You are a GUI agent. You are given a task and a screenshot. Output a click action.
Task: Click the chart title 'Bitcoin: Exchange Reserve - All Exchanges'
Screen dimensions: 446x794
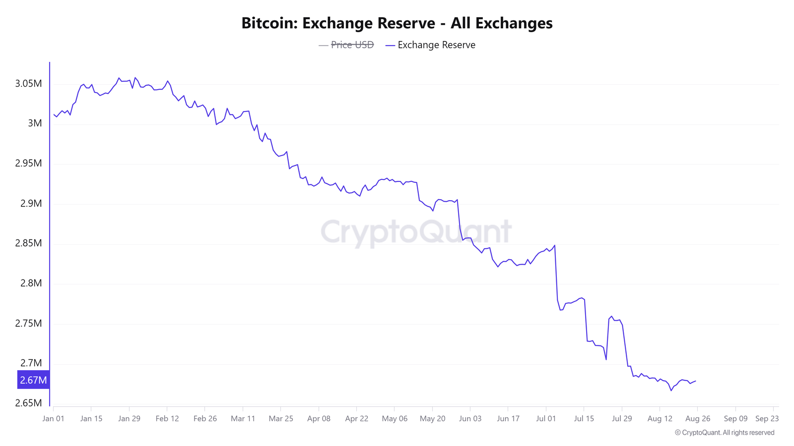pyautogui.click(x=397, y=23)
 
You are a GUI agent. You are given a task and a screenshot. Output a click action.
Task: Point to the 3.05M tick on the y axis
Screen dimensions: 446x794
pyautogui.click(x=28, y=83)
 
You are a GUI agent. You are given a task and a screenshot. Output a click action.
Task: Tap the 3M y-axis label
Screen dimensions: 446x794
pyautogui.click(x=35, y=123)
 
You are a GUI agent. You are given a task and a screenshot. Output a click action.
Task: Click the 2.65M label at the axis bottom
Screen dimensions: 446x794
pyautogui.click(x=28, y=403)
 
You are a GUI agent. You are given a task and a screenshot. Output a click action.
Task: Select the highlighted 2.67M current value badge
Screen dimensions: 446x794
pyautogui.click(x=33, y=380)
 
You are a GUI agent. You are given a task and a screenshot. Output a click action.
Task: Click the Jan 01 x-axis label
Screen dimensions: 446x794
pyautogui.click(x=53, y=419)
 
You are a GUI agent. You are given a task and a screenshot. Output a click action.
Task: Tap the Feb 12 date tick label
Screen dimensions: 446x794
pyautogui.click(x=167, y=419)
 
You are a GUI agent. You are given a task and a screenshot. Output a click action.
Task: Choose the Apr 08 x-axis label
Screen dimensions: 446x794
pyautogui.click(x=319, y=419)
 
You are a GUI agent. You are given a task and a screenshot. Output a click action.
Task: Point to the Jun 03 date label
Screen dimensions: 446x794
pyautogui.click(x=470, y=419)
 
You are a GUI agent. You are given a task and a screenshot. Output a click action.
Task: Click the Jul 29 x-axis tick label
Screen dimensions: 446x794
pyautogui.click(x=622, y=419)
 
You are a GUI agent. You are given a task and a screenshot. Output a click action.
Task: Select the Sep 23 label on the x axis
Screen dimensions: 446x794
pyautogui.click(x=767, y=419)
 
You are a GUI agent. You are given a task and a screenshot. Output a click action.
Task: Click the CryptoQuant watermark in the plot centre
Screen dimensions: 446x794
pyautogui.click(x=416, y=231)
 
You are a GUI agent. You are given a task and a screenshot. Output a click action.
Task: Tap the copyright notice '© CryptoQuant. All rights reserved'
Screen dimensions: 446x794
pyautogui.click(x=725, y=433)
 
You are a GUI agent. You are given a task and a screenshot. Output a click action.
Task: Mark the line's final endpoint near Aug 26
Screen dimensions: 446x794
pyautogui.click(x=696, y=381)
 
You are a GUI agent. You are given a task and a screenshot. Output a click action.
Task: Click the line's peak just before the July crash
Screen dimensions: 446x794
pyautogui.click(x=554, y=245)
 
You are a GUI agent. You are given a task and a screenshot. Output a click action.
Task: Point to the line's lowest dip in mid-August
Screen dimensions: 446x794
pyautogui.click(x=671, y=390)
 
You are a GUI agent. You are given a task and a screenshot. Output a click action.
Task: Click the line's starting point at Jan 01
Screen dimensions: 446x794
pyautogui.click(x=54, y=114)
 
